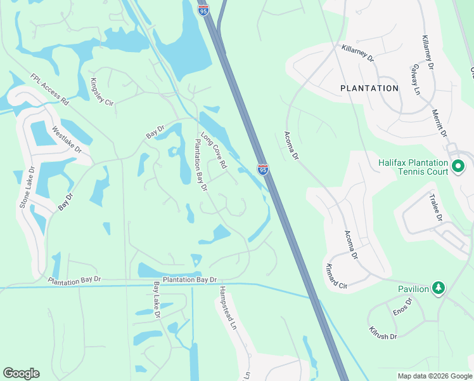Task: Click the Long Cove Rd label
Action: (x=214, y=150)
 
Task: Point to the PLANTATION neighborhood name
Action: (x=369, y=88)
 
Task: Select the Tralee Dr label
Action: (x=436, y=208)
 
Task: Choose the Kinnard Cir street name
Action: (x=336, y=276)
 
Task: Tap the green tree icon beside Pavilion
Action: (x=438, y=289)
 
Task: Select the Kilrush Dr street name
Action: (x=383, y=333)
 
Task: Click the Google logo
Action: (x=21, y=373)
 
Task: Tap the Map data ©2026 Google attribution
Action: (x=434, y=376)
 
